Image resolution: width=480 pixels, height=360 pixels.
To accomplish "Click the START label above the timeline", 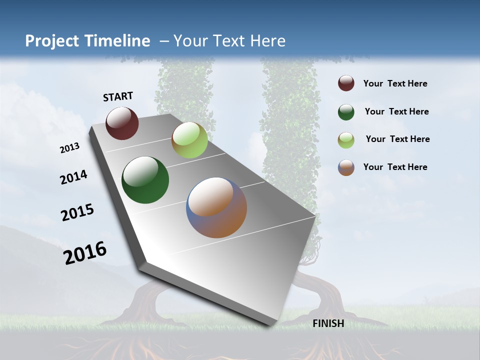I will point(118,96).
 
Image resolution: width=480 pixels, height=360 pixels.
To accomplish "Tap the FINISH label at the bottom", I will point(328,323).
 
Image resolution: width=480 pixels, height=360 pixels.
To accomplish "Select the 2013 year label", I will point(70,148).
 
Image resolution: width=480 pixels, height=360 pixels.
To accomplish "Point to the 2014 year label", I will point(74,177).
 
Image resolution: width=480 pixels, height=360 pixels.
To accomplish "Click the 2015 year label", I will point(77,212).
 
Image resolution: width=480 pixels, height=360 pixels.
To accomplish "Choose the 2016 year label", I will point(85,252).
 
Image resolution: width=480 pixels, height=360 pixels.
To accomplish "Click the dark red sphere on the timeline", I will point(122,123).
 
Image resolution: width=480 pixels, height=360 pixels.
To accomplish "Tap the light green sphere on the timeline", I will point(189,140).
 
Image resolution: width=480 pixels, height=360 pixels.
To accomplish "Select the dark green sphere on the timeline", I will point(145,180).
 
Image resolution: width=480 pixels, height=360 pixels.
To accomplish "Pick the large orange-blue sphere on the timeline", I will point(216,207).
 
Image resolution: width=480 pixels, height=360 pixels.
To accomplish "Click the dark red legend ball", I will point(346,83).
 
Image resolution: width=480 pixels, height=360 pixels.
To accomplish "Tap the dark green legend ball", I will point(346,112).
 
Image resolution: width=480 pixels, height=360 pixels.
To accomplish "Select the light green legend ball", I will point(346,140).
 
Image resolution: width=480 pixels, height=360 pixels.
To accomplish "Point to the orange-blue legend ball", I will point(346,167).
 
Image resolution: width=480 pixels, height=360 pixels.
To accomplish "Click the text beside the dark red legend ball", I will point(395,84).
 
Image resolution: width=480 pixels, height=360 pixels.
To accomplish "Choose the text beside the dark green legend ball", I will point(397,111).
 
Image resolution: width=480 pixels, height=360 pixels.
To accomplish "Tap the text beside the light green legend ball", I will point(398,139).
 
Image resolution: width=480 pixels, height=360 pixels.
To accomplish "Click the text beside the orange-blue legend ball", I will point(395,167).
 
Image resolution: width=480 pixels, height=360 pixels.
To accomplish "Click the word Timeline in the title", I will point(114,41).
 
